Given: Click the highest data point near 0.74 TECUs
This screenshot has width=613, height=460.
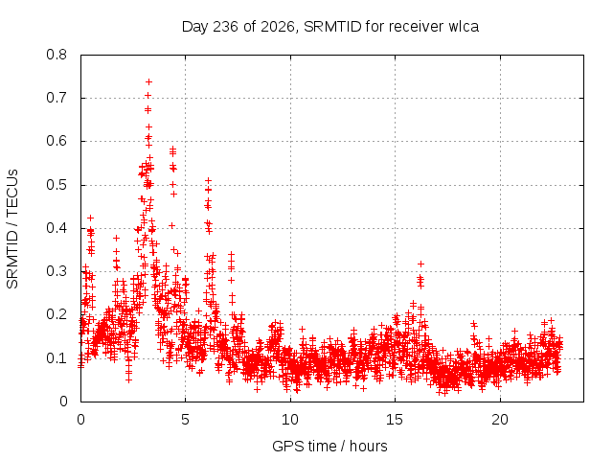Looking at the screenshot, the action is (148, 81).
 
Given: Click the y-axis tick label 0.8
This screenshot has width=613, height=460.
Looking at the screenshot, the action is (57, 55).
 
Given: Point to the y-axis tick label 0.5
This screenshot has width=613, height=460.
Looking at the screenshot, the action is (57, 185).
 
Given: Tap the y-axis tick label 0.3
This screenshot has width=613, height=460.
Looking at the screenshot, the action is (57, 271).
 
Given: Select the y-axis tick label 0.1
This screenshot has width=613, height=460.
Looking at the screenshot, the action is (57, 358).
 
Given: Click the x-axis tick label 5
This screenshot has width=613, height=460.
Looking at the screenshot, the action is (185, 420).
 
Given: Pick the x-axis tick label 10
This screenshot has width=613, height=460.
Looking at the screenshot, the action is (290, 420).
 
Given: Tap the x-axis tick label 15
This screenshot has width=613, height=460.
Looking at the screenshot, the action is (395, 420).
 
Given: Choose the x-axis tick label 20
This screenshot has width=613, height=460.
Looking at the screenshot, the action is (500, 420).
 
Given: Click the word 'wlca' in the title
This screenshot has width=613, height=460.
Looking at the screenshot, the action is (464, 27).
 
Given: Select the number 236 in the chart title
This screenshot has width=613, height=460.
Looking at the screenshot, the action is (225, 27).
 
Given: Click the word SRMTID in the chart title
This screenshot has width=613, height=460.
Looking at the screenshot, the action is (332, 27).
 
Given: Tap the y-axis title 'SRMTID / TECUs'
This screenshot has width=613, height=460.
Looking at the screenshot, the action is (12, 229).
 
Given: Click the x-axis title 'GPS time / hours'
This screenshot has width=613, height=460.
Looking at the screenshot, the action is (329, 446).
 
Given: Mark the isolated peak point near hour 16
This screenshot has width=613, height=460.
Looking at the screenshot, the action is (420, 264).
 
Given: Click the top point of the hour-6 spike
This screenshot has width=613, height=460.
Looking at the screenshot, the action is (209, 181).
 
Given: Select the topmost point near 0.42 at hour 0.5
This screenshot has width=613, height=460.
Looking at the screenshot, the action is (90, 218).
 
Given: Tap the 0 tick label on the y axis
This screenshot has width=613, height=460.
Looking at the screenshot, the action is (63, 402).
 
